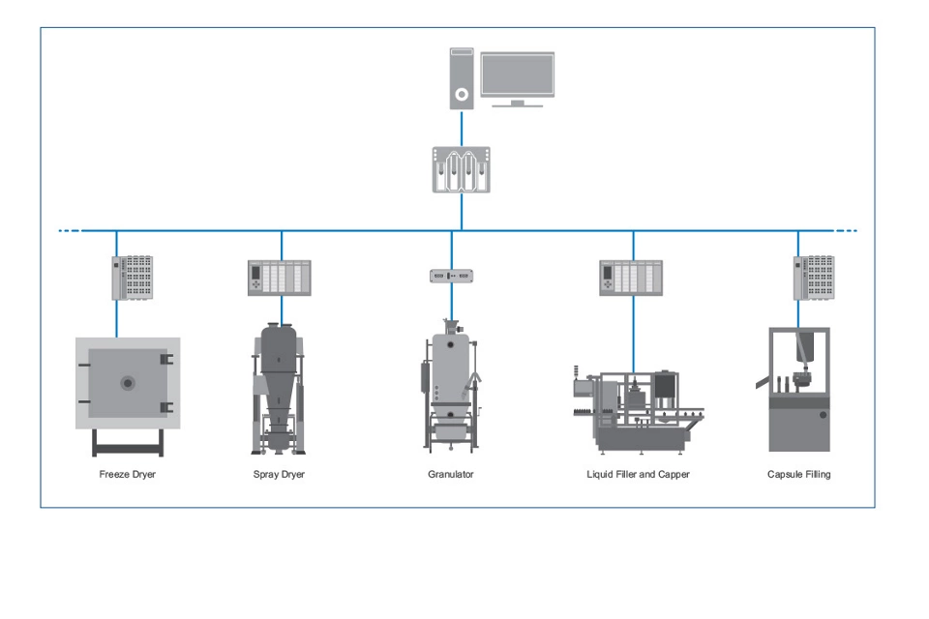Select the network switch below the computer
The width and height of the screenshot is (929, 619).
point(461,169)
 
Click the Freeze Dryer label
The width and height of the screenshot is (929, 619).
point(128,475)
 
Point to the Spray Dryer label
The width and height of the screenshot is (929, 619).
point(279,475)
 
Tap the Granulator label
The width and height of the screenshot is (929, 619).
point(451,475)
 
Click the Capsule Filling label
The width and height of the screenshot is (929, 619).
point(798,475)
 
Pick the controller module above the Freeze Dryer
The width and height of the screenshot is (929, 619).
point(133,278)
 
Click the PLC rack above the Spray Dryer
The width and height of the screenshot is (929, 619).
point(281,278)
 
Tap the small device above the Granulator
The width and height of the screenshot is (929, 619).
point(452,276)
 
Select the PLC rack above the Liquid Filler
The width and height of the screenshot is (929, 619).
point(631,278)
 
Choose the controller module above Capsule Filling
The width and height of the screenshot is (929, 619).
point(814,278)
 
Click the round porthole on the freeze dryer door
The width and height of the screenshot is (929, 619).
point(128,383)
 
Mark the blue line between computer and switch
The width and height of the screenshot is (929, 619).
point(462,129)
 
